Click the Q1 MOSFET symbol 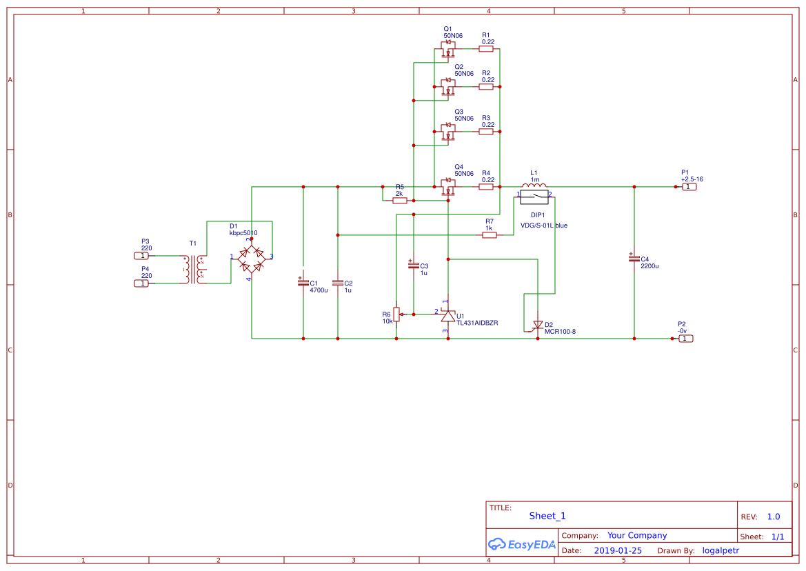[448, 50]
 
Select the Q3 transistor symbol [448, 132]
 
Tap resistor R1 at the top [486, 50]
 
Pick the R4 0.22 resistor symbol [486, 187]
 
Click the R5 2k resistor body [399, 201]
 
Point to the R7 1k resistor [490, 235]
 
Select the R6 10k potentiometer [396, 314]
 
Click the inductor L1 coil [534, 185]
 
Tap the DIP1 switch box [534, 198]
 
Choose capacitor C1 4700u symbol [303, 283]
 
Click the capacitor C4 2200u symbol [634, 258]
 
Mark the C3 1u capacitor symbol [414, 266]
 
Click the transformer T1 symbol [193, 269]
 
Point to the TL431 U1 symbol [448, 315]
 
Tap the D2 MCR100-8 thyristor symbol [538, 325]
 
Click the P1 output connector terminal [689, 187]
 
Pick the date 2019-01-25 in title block [617, 550]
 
